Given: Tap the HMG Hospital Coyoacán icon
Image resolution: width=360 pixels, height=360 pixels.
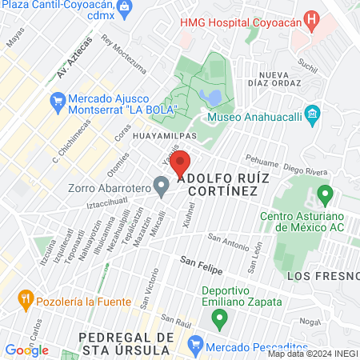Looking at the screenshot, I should pyautogui.click(x=313, y=19).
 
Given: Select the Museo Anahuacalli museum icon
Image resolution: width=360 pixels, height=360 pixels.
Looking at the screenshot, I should pyautogui.click(x=312, y=112).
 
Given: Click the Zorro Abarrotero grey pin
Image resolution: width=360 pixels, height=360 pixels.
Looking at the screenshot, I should pyautogui.click(x=161, y=188).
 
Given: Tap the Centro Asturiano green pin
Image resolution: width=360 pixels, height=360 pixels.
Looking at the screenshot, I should pyautogui.click(x=325, y=194).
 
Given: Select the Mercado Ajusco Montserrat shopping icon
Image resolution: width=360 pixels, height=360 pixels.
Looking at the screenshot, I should pyautogui.click(x=57, y=101).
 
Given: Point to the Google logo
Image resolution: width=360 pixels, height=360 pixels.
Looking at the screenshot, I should pyautogui.click(x=26, y=350).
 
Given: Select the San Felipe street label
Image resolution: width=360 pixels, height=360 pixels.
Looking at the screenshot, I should pyautogui.click(x=199, y=261).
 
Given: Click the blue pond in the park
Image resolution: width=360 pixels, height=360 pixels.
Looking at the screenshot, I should pyautogui.click(x=212, y=98).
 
